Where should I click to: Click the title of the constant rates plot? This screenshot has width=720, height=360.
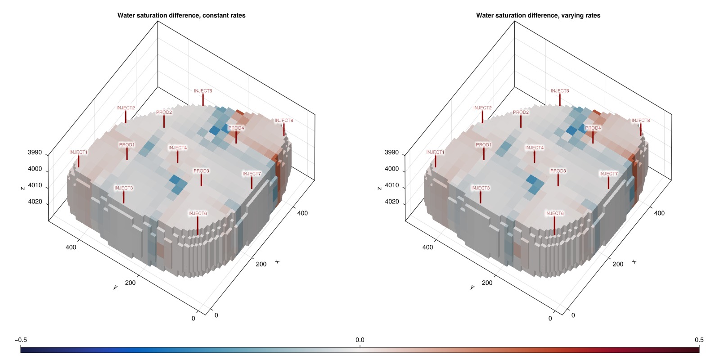click(181, 15)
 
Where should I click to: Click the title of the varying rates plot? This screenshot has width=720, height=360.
click(538, 15)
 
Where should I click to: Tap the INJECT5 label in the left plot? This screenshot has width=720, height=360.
click(203, 91)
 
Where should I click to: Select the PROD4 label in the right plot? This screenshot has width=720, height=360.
click(593, 128)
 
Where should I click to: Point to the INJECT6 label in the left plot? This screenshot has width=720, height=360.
click(198, 213)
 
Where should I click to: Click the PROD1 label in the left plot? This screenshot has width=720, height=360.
click(126, 145)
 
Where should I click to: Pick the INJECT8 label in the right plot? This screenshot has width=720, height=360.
click(640, 121)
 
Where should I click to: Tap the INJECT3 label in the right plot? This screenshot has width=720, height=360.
click(480, 188)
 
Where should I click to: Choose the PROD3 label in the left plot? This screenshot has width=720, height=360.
click(201, 171)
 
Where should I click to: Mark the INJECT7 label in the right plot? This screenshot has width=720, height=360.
click(608, 174)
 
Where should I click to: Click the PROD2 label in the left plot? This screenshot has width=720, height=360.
click(164, 112)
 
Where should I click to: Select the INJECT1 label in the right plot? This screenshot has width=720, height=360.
click(435, 152)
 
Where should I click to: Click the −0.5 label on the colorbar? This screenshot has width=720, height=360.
click(21, 340)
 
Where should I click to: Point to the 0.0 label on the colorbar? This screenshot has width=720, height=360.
click(360, 340)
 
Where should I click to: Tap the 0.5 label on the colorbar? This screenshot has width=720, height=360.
click(699, 340)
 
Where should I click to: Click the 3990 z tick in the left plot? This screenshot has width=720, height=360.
click(35, 153)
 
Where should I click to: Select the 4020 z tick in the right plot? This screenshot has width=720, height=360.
click(391, 202)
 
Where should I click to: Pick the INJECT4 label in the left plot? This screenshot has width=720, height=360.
click(177, 148)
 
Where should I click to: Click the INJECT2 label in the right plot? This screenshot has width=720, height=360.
click(482, 108)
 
